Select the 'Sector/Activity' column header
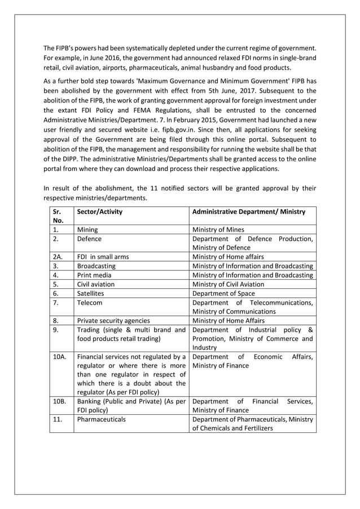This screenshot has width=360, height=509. tap(99, 212)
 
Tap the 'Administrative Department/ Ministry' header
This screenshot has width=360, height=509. tap(249, 212)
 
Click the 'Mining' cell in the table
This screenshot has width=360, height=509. tap(87, 230)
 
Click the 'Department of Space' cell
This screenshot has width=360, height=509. tap(223, 293)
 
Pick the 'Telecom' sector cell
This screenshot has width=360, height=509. tap(90, 302)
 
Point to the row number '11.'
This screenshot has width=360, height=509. tap(57, 420)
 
